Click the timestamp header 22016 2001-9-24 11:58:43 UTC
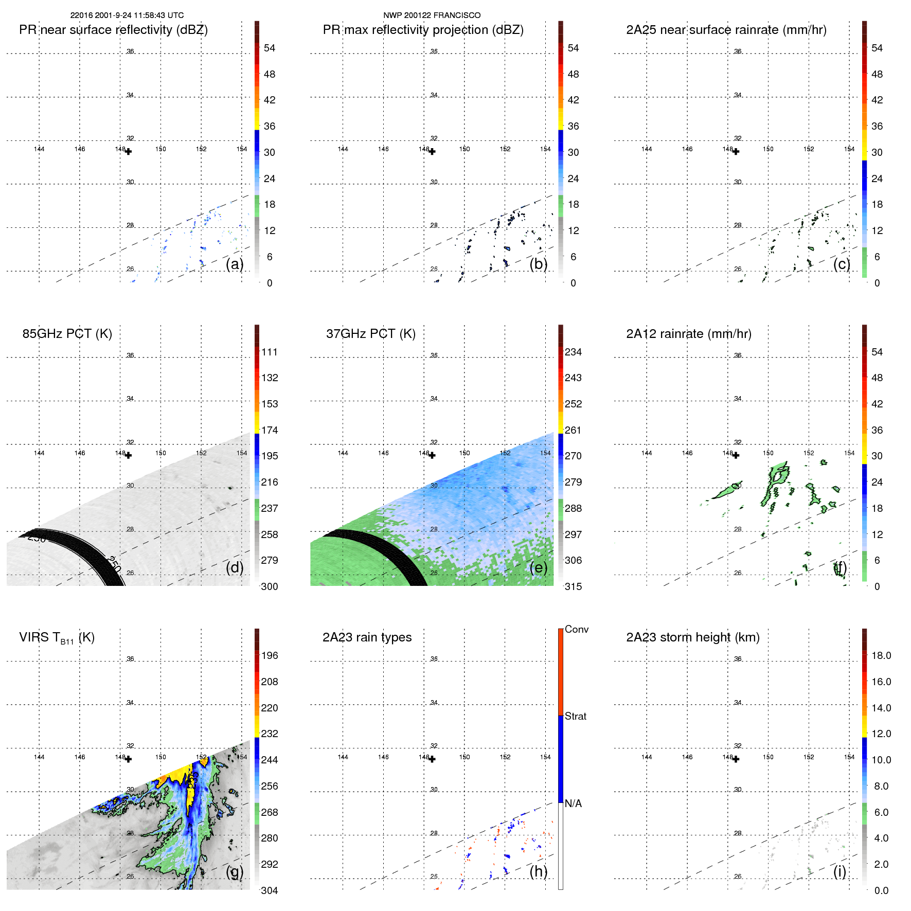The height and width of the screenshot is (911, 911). (x=127, y=15)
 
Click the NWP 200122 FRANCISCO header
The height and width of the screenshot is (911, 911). (x=432, y=15)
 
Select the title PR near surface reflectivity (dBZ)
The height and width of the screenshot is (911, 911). (x=113, y=30)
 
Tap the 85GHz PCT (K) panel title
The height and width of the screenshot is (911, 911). (x=67, y=334)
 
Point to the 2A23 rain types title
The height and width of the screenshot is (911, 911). (x=367, y=637)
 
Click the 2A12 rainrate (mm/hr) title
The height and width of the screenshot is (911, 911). (x=688, y=334)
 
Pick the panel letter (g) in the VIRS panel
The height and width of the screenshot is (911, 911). (x=235, y=871)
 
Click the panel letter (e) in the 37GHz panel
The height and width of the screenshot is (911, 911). (x=538, y=568)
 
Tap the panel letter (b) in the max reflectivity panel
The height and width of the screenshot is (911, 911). (x=538, y=264)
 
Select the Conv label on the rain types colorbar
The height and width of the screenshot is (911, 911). (x=576, y=629)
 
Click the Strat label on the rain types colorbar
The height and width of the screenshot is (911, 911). (x=575, y=716)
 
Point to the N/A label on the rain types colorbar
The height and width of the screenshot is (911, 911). (x=573, y=803)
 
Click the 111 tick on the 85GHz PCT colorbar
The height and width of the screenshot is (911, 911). (x=269, y=352)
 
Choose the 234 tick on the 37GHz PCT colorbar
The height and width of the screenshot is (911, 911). (x=573, y=352)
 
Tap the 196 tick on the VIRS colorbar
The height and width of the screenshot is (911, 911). (x=269, y=655)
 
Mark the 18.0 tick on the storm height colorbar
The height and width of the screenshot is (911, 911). (x=881, y=655)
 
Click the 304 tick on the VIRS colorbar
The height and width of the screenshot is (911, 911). (x=269, y=890)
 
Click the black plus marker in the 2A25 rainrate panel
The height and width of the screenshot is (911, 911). (x=736, y=152)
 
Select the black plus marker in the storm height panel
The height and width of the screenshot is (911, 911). (x=736, y=759)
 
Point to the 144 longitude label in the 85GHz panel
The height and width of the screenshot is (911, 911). (x=39, y=453)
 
